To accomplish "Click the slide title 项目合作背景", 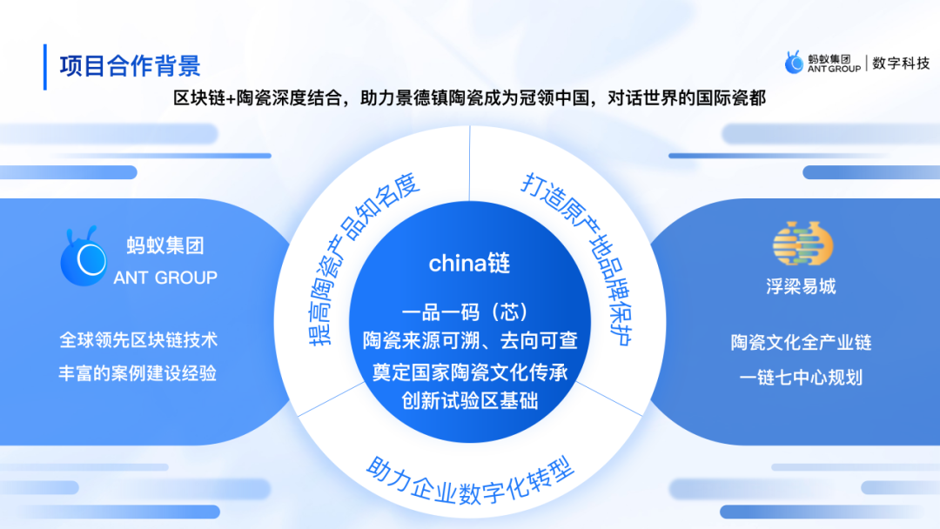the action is click(x=130, y=66).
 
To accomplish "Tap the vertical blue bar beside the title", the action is click(x=45, y=67).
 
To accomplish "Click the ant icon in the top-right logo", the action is click(x=795, y=63).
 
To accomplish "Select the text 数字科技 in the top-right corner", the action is click(x=901, y=63).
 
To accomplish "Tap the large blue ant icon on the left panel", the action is click(x=84, y=256).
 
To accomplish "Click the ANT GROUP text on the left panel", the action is click(x=165, y=278).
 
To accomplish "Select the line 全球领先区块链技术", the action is click(x=138, y=340).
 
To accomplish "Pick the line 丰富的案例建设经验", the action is click(x=138, y=373).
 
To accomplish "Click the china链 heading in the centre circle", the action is click(x=469, y=263).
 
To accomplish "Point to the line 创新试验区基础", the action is click(x=469, y=400).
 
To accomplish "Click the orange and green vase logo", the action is click(x=802, y=244).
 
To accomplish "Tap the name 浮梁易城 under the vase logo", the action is click(x=801, y=286).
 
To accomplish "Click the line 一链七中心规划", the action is click(x=801, y=378).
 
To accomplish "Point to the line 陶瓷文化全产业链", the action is click(x=801, y=343).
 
